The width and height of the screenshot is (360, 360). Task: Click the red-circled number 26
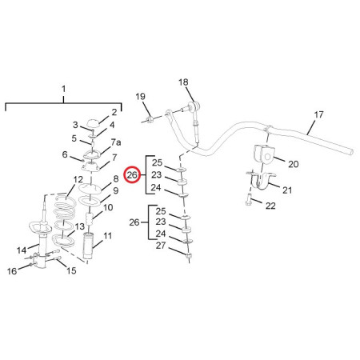(132, 175)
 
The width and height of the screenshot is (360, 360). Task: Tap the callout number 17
(318, 114)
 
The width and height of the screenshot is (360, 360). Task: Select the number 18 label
(183, 82)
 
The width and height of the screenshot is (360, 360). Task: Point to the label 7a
(116, 142)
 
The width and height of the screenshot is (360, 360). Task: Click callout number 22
(270, 206)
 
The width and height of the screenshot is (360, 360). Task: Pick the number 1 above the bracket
(63, 89)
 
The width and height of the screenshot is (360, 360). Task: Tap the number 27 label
(161, 246)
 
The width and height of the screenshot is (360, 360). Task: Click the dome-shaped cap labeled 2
(94, 124)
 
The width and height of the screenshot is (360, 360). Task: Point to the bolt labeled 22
(248, 200)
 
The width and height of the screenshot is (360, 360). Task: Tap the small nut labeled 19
(149, 119)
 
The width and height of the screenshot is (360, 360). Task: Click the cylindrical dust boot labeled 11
(88, 246)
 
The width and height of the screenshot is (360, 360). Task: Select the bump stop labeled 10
(90, 220)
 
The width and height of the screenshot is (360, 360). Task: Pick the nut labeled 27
(189, 256)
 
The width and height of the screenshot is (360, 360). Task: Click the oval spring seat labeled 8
(90, 189)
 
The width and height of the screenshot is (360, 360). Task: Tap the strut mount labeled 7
(90, 167)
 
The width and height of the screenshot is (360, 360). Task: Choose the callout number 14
(22, 250)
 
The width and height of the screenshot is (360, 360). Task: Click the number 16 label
(12, 271)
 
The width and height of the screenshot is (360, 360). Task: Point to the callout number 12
(78, 179)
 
